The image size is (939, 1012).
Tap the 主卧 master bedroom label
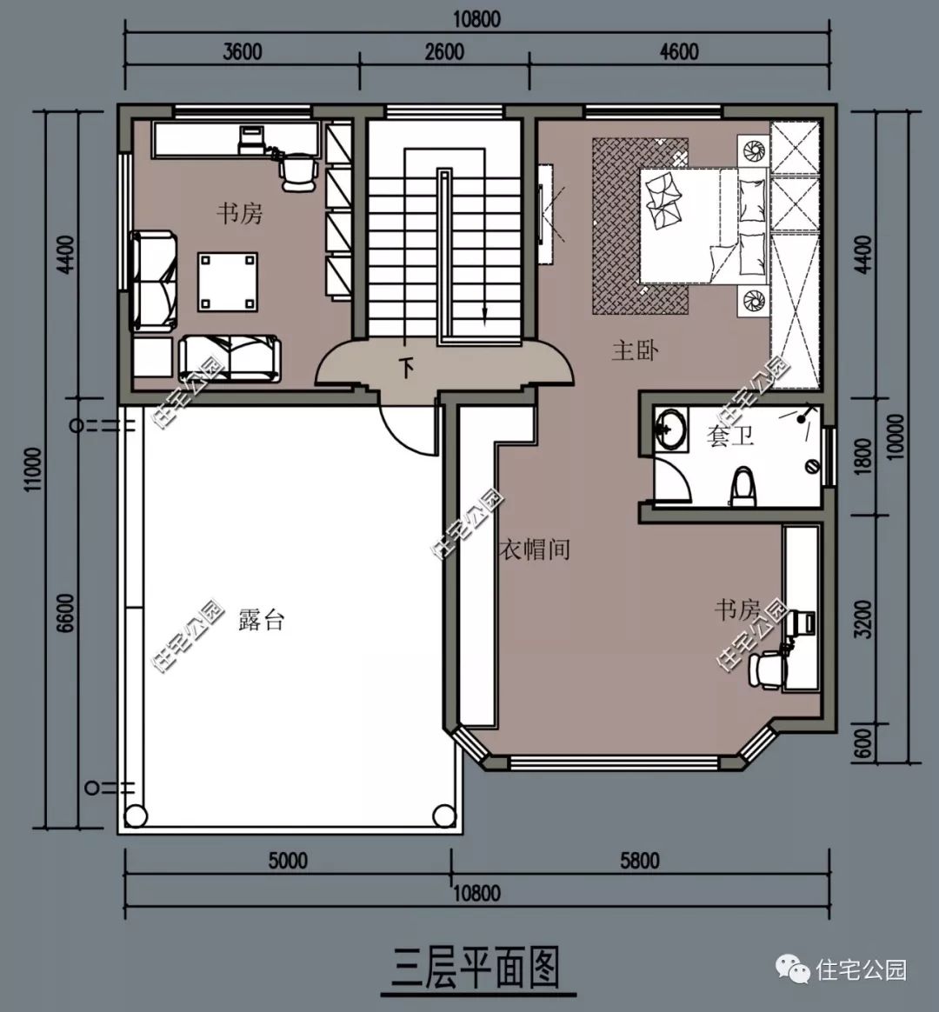(x=635, y=350)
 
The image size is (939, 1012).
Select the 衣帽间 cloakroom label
(x=535, y=549)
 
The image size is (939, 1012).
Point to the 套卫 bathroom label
(x=730, y=436)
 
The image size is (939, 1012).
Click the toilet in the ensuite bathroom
(x=743, y=487)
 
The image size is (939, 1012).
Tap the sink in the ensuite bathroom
(x=670, y=427)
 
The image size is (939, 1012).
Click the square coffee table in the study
(x=227, y=282)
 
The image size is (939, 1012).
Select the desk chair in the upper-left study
(x=298, y=171)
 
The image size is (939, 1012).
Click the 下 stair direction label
(x=407, y=369)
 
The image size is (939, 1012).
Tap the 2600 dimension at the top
(x=444, y=51)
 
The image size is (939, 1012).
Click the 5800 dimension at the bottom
(x=640, y=861)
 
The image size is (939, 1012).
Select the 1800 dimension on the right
(x=862, y=457)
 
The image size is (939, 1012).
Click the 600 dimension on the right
(x=862, y=744)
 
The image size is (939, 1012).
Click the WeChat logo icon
(x=793, y=969)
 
